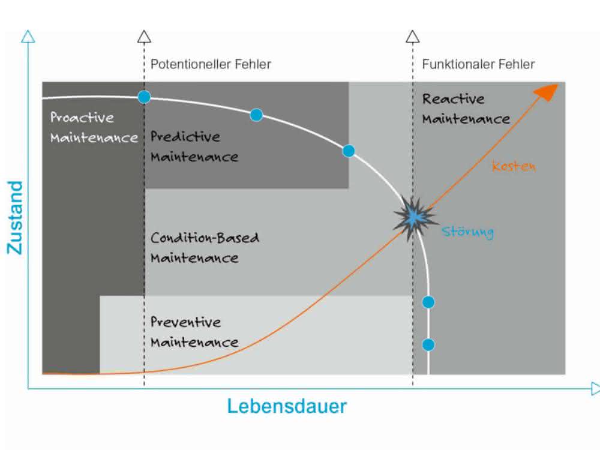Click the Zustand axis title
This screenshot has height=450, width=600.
[x=16, y=217]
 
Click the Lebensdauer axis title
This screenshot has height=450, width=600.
[x=287, y=406]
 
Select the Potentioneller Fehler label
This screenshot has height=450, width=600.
[x=211, y=64]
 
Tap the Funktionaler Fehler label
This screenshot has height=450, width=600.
[x=478, y=64]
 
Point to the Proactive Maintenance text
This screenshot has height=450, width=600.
[x=94, y=127]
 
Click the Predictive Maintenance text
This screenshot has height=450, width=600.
[x=194, y=146]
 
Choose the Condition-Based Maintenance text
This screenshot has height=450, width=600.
[x=205, y=248]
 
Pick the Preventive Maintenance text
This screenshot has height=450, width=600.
[x=194, y=332]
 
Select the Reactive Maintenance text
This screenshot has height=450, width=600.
[x=466, y=109]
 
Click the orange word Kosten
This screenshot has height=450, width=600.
[x=514, y=166]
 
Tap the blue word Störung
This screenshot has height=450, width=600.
[x=467, y=232]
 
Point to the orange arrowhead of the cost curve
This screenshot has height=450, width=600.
[x=547, y=92]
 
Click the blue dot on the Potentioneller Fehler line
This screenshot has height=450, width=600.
[x=144, y=97]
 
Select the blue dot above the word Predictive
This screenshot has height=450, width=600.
[x=256, y=115]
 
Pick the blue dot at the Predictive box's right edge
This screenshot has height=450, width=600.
[x=348, y=151]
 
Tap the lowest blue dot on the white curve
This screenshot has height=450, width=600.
[x=428, y=345]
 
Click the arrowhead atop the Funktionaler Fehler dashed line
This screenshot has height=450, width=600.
[x=413, y=37]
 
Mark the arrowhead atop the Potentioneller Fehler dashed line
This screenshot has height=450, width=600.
[x=144, y=37]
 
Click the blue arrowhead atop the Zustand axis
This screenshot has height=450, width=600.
[x=28, y=37]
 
